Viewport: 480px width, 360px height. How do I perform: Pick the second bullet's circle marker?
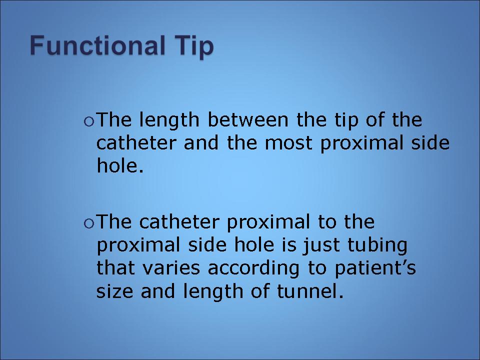click(x=89, y=224)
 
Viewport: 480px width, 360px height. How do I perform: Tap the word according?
click(x=254, y=268)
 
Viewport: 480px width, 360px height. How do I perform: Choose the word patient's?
click(x=375, y=268)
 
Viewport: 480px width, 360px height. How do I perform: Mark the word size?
click(x=115, y=291)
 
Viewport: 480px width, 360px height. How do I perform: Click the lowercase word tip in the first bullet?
click(x=346, y=120)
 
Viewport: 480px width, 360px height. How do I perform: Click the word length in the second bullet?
click(x=213, y=291)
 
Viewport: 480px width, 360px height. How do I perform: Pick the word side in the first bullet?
click(x=430, y=142)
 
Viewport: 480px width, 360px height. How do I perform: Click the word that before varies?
click(x=115, y=268)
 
